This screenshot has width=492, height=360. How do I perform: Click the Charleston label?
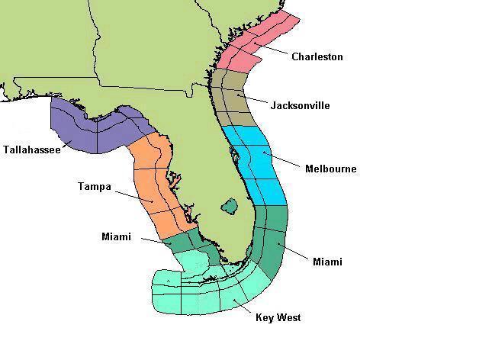317,57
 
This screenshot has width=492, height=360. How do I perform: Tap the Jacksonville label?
300,105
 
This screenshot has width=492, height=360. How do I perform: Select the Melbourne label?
330,169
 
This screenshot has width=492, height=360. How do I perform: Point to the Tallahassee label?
31,149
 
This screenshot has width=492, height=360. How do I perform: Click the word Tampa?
95,186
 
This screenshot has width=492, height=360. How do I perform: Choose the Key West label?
278,317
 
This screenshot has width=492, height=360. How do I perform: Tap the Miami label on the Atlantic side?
327,262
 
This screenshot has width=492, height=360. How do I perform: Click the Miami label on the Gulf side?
116,236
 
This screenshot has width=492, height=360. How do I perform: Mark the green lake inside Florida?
229,205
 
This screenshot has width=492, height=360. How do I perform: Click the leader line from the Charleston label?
275,51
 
